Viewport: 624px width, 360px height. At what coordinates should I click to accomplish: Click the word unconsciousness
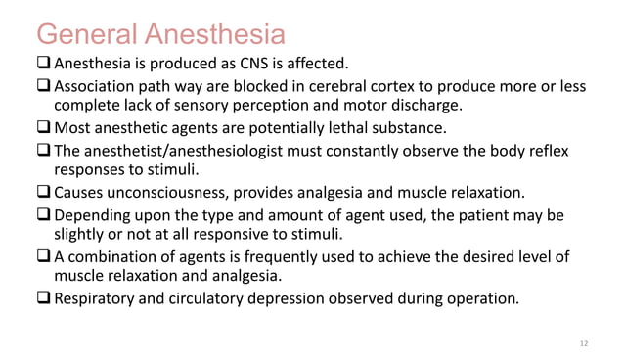[x=171, y=192]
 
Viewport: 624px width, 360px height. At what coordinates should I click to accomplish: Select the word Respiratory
[x=101, y=299]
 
